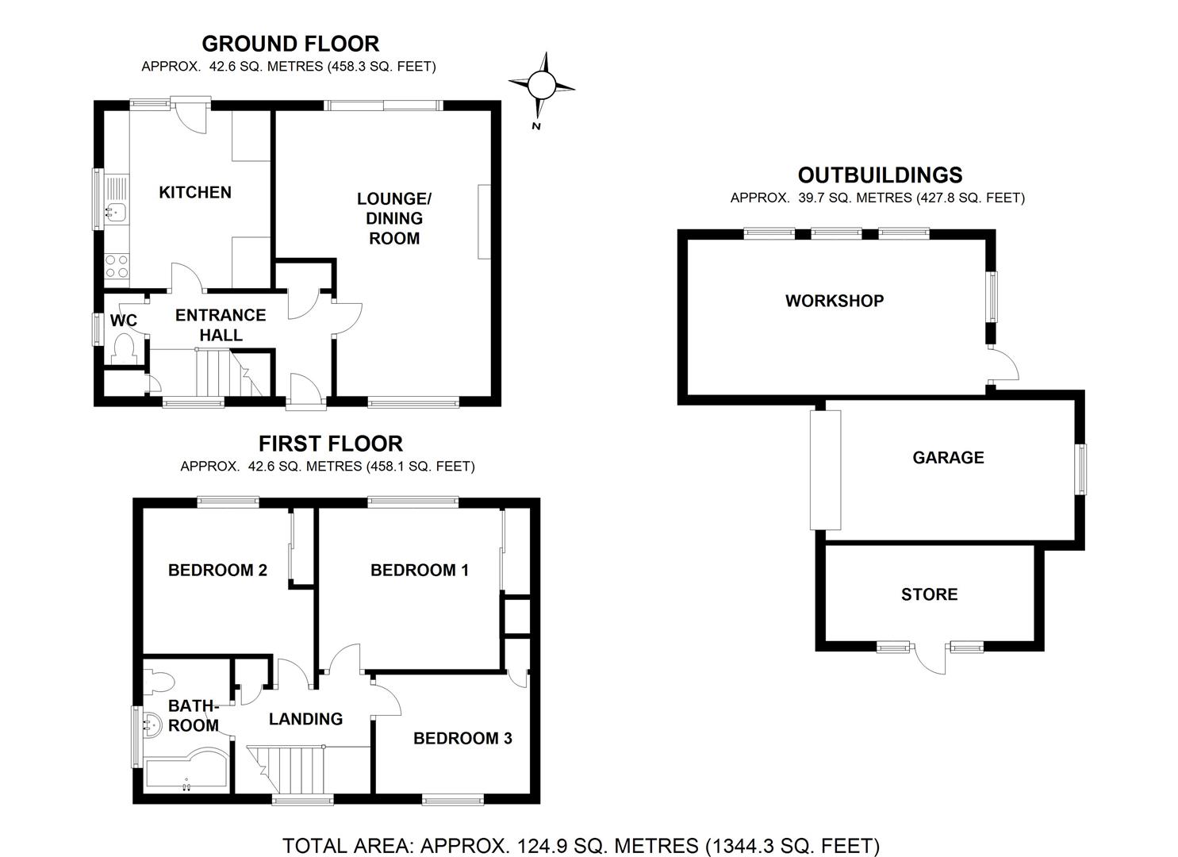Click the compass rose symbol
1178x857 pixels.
click(541, 85)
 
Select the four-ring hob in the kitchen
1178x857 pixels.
click(117, 266)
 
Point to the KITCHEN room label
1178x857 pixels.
click(195, 193)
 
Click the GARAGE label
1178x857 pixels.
click(948, 458)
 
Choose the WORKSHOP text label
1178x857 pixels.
click(835, 301)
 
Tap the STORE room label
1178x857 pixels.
click(929, 594)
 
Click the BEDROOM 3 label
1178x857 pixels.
click(462, 739)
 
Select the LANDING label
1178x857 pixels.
click(305, 719)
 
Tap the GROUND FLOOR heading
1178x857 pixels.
click(290, 44)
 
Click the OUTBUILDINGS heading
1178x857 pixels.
click(880, 175)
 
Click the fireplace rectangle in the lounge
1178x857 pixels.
click(484, 222)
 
